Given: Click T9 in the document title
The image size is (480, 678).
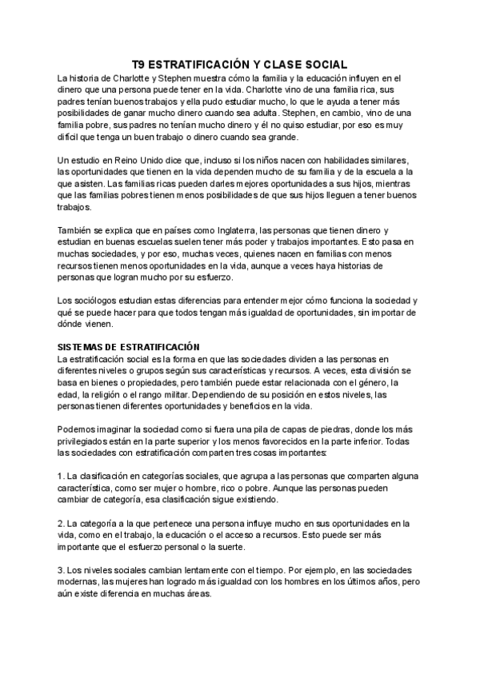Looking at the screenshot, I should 139,63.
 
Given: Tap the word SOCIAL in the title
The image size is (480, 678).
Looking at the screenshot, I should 326,63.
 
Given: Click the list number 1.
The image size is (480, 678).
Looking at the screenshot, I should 61,477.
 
